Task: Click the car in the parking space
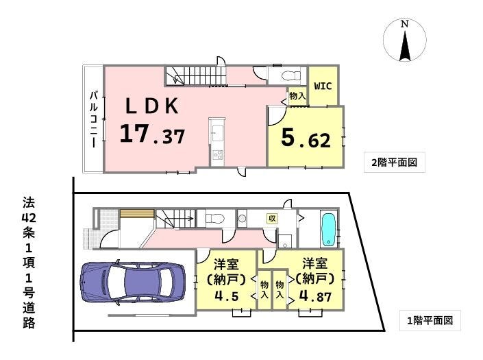coord(133,283)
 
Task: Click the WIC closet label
coord(323,86)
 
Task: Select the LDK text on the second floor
coord(152,106)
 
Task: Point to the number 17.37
coord(153,134)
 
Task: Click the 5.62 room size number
coord(306,139)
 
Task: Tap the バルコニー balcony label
coord(94,119)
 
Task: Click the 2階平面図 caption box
coord(395,162)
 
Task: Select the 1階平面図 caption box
coord(430,320)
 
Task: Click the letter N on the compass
coord(404,24)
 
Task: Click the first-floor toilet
coord(216,219)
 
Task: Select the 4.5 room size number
coord(226,296)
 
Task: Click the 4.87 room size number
coord(315,296)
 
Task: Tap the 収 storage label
coord(272,218)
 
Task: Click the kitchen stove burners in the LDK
coord(217,154)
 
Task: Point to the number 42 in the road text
coord(29,218)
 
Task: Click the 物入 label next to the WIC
coord(297,96)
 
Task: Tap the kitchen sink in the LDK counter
coord(217,133)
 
